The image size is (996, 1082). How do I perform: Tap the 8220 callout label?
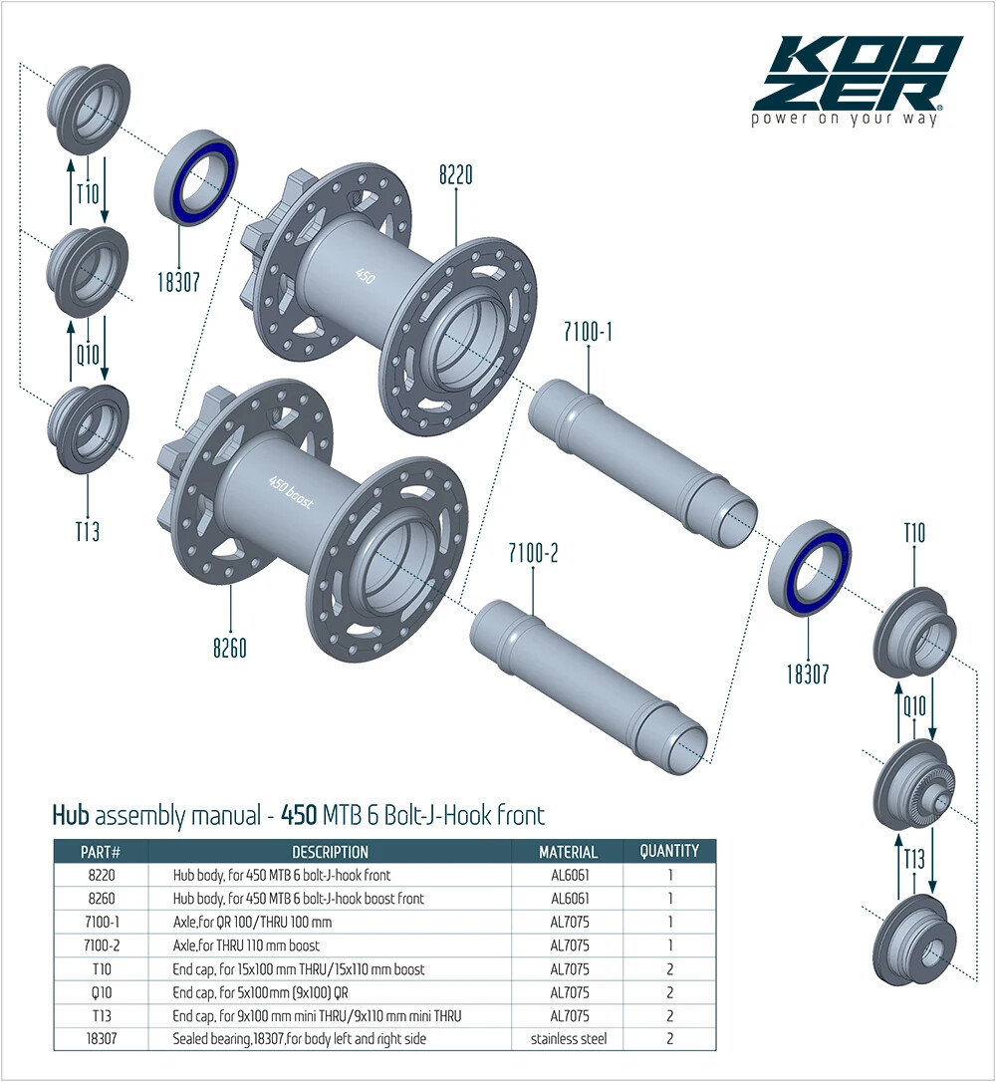tap(455, 175)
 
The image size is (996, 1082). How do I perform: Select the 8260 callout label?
tap(230, 649)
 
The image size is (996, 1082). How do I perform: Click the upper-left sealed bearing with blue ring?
tap(195, 178)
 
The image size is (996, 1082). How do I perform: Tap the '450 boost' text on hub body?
tap(292, 492)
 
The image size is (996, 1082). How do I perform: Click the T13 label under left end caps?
tap(88, 531)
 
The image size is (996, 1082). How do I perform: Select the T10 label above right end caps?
tap(913, 534)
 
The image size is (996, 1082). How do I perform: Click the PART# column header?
tap(101, 852)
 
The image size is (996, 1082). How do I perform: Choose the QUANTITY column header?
tap(669, 851)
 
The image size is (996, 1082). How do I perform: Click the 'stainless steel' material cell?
tap(569, 1039)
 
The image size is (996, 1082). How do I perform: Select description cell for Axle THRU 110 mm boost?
tap(247, 945)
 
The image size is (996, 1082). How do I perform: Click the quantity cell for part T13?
tap(669, 1015)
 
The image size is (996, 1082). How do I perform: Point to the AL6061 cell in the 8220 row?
tap(569, 875)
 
